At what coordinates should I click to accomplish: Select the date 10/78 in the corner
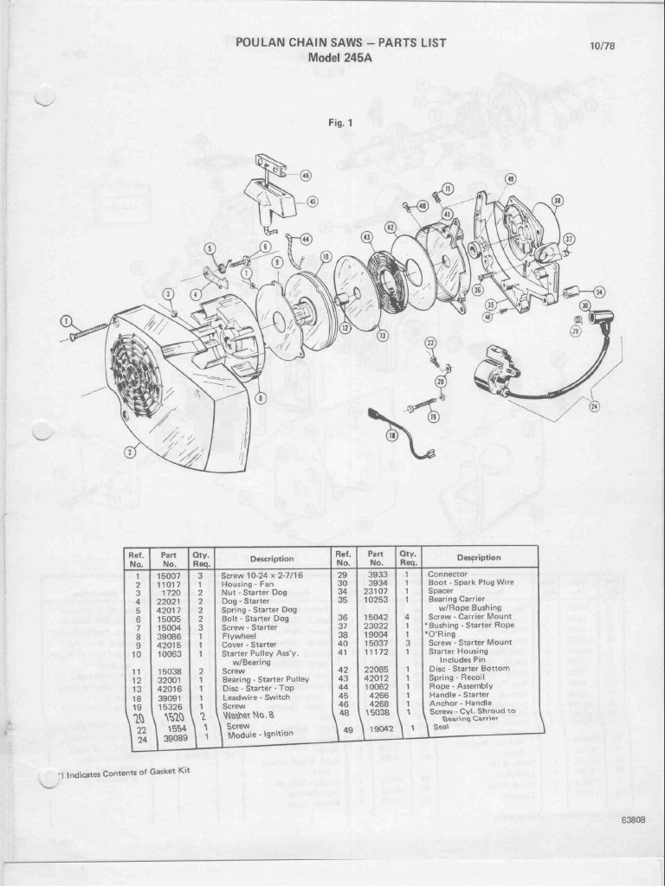tap(602, 46)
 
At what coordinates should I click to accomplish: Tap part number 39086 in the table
tap(168, 635)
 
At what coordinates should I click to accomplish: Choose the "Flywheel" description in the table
tap(238, 635)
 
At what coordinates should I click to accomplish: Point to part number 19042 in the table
tap(381, 729)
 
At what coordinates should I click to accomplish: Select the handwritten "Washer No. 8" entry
tap(249, 715)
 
